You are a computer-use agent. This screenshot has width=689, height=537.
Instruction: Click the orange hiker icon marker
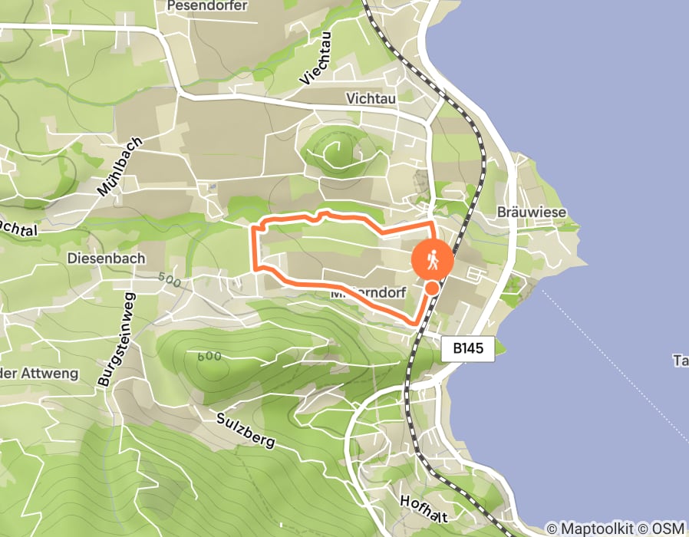click(x=432, y=259)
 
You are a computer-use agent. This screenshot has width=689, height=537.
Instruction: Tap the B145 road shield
click(x=469, y=348)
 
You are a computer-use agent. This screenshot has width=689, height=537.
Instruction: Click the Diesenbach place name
click(x=106, y=259)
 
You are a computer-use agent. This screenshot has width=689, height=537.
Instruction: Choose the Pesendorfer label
click(x=206, y=6)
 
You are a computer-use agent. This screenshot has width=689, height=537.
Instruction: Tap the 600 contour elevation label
click(x=209, y=357)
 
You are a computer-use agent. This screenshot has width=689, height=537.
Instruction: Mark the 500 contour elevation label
click(x=170, y=281)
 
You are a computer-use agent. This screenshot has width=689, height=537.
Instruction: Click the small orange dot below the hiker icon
click(x=433, y=288)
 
